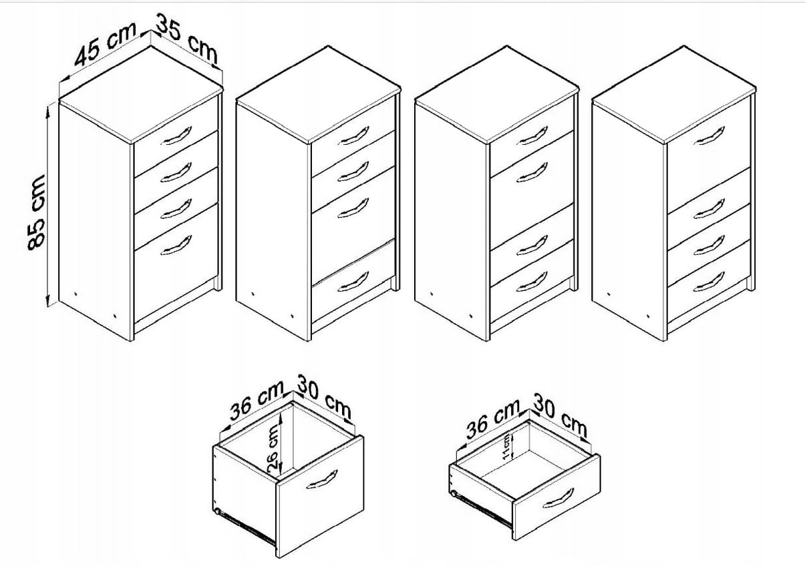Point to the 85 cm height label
click(x=36, y=212)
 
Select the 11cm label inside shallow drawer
click(x=506, y=447)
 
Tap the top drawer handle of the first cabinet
click(x=176, y=135)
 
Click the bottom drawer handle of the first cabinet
click(x=176, y=246)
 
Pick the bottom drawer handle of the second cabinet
click(x=353, y=281)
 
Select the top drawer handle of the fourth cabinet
click(x=709, y=135)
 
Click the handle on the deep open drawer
click(x=322, y=479)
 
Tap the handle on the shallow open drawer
click(x=558, y=499)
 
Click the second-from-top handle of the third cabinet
click(x=532, y=172)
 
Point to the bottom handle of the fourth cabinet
click(x=709, y=281)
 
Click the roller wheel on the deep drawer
click(x=216, y=511)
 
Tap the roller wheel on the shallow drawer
click(x=454, y=494)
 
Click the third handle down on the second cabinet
click(x=353, y=208)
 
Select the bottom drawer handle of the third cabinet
click(x=532, y=281)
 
